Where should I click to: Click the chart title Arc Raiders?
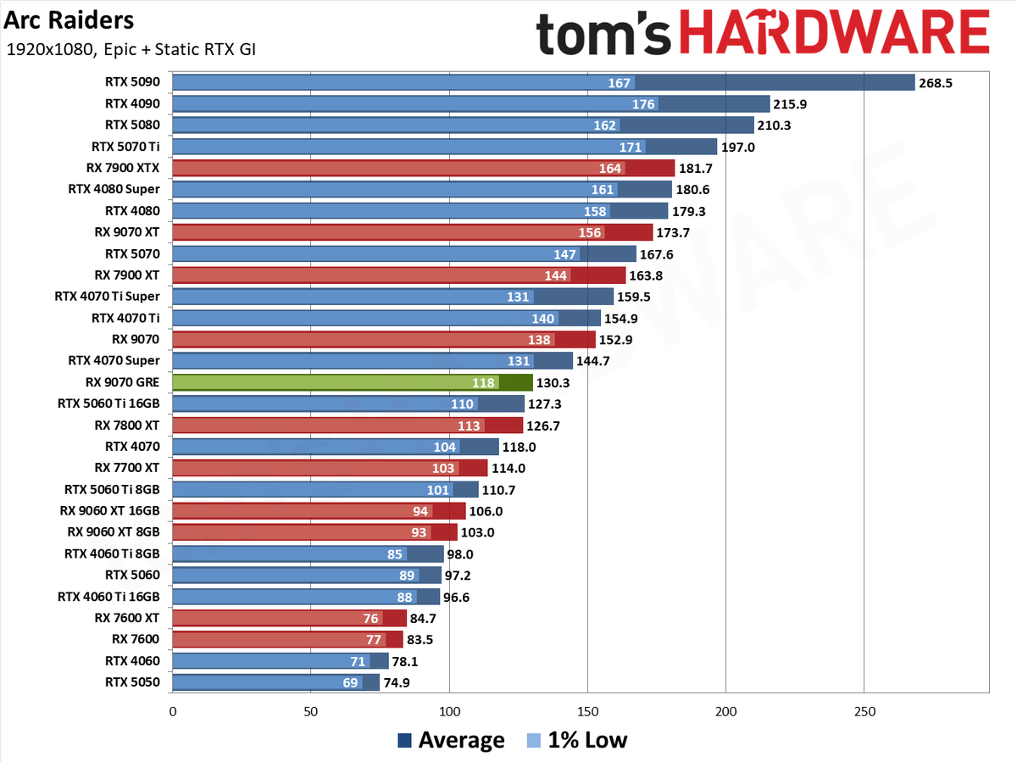(69, 20)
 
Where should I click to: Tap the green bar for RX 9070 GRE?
(353, 382)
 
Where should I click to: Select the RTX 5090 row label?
(132, 82)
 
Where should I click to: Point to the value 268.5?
(936, 83)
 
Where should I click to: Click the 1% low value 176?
(643, 104)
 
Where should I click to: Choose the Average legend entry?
(451, 740)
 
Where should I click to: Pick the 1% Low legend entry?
(577, 740)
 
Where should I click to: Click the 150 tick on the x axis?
(587, 711)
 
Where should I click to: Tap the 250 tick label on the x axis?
(864, 711)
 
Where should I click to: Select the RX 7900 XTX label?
(123, 168)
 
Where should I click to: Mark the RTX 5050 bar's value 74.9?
(396, 683)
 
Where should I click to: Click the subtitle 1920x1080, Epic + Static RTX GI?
(131, 49)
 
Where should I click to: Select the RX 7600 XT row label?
(127, 618)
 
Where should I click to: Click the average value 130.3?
(553, 383)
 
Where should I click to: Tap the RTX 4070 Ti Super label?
(107, 296)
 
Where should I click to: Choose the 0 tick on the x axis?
(173, 711)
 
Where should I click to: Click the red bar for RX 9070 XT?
(413, 232)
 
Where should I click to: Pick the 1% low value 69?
(350, 683)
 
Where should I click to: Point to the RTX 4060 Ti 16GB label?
(108, 597)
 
